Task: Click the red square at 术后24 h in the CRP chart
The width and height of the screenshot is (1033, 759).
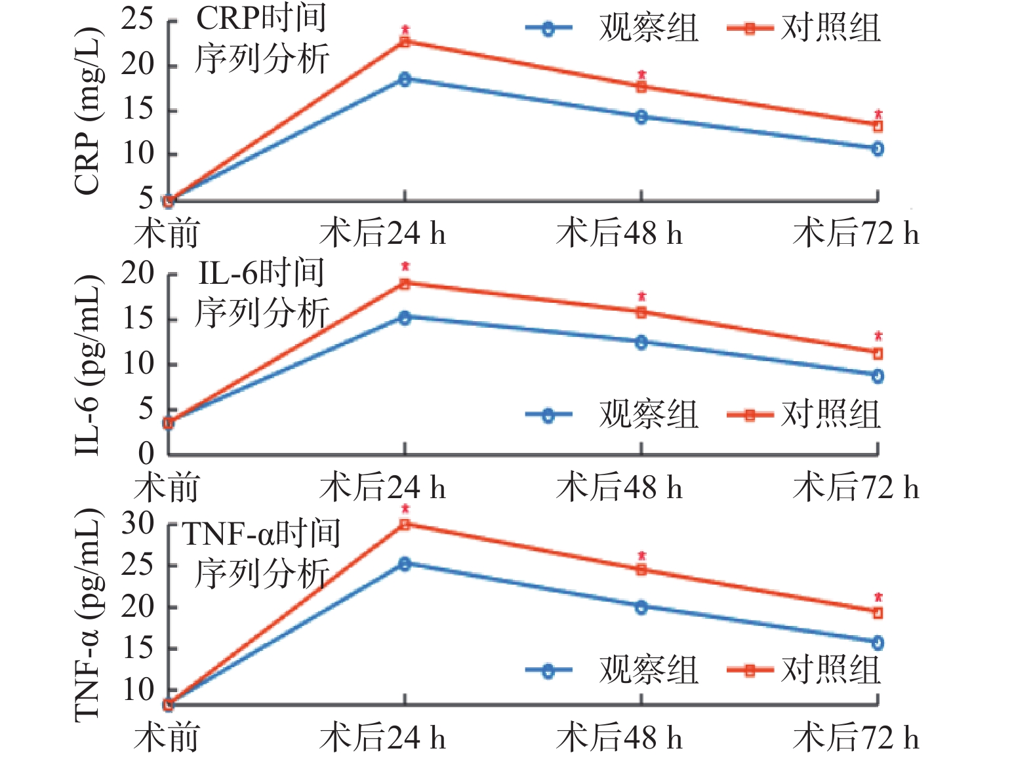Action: click(405, 42)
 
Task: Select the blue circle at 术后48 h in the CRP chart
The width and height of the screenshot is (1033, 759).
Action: click(641, 117)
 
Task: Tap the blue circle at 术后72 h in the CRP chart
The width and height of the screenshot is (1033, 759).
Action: click(878, 149)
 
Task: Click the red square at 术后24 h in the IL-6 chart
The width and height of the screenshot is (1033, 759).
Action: click(405, 284)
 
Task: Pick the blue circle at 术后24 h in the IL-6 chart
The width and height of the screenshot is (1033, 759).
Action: click(405, 318)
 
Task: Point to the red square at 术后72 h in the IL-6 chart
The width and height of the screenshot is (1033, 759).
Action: click(878, 354)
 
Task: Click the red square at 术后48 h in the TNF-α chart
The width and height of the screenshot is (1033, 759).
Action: click(641, 570)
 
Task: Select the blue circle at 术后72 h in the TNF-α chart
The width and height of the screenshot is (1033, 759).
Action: click(878, 643)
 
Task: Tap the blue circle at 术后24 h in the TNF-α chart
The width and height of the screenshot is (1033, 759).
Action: click(405, 564)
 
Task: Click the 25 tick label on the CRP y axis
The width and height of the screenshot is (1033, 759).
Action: click(137, 20)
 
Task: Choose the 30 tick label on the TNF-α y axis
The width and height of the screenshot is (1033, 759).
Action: click(137, 524)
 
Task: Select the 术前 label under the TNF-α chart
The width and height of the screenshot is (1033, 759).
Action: click(167, 738)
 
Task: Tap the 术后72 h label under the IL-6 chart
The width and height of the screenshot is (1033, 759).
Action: click(856, 488)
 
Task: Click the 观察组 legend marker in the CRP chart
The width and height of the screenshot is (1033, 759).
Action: click(548, 29)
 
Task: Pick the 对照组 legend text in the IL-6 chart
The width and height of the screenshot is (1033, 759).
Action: click(830, 415)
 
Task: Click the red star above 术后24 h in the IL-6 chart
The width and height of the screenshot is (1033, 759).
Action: click(405, 267)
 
